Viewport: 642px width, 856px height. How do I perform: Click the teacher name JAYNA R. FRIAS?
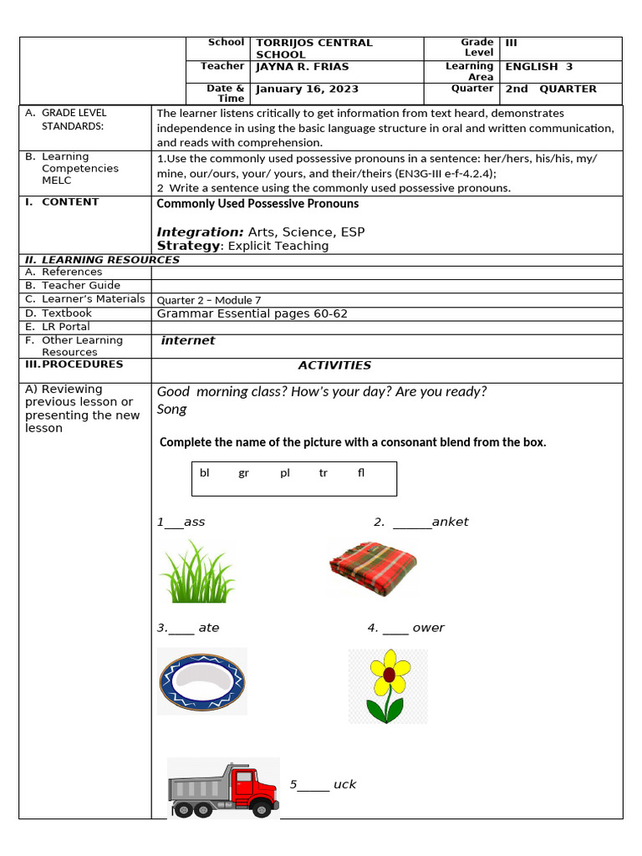pyautogui.click(x=302, y=67)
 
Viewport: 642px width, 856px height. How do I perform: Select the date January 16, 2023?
pyautogui.click(x=307, y=89)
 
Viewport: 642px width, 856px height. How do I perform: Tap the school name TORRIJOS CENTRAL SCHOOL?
pyautogui.click(x=313, y=48)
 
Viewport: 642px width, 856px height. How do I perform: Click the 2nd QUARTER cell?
pyautogui.click(x=551, y=89)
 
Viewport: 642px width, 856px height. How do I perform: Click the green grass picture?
pyautogui.click(x=196, y=572)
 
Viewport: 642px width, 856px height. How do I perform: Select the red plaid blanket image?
pyautogui.click(x=372, y=568)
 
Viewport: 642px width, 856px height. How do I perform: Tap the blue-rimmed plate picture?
pyautogui.click(x=201, y=682)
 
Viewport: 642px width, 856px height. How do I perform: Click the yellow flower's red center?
pyautogui.click(x=389, y=674)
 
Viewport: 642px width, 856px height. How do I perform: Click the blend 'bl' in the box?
pyautogui.click(x=205, y=473)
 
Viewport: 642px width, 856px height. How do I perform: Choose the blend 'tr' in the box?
pyautogui.click(x=323, y=473)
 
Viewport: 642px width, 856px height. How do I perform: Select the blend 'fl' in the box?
pyautogui.click(x=361, y=473)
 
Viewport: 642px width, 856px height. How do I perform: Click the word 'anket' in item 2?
pyautogui.click(x=450, y=522)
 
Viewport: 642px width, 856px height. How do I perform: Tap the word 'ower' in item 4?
pyautogui.click(x=428, y=628)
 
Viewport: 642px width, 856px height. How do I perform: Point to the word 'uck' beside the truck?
pyautogui.click(x=344, y=784)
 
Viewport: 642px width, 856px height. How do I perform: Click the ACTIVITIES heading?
pyautogui.click(x=334, y=365)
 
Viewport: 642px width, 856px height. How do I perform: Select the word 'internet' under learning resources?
pyautogui.click(x=188, y=340)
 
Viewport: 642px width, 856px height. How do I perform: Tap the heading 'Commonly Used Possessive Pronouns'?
pyautogui.click(x=257, y=203)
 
